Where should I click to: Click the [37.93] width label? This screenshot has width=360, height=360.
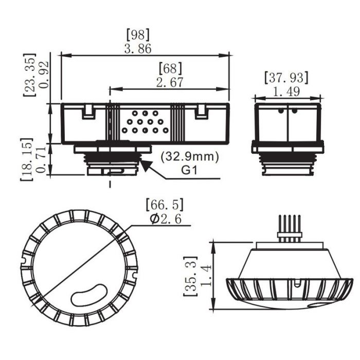tap(286, 78)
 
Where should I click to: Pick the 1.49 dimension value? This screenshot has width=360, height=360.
tap(286, 92)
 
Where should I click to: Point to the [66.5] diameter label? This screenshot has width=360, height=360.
tap(165, 204)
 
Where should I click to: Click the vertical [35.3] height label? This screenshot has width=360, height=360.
tap(190, 276)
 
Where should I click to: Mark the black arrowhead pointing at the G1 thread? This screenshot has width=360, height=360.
tap(146, 166)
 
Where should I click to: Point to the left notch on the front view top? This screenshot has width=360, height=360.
tap(88, 111)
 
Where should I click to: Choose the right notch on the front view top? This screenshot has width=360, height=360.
tap(202, 111)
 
